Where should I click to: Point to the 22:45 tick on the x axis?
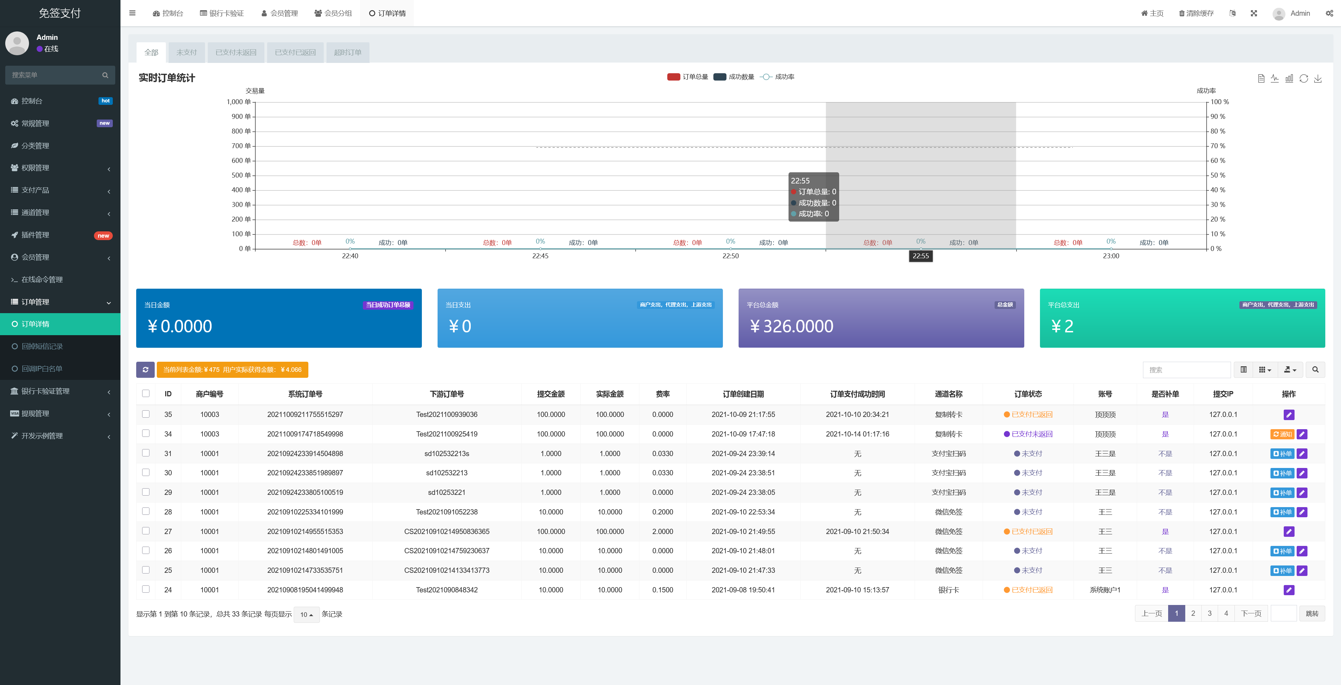pyautogui.click(x=540, y=256)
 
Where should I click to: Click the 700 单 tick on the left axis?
pyautogui.click(x=241, y=146)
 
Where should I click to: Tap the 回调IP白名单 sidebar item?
pyautogui.click(x=42, y=369)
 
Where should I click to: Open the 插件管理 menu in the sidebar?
pyautogui.click(x=35, y=235)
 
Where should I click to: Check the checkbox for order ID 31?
pyautogui.click(x=146, y=453)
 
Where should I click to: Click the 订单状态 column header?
pyautogui.click(x=1028, y=394)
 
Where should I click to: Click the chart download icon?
pyautogui.click(x=1318, y=79)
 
